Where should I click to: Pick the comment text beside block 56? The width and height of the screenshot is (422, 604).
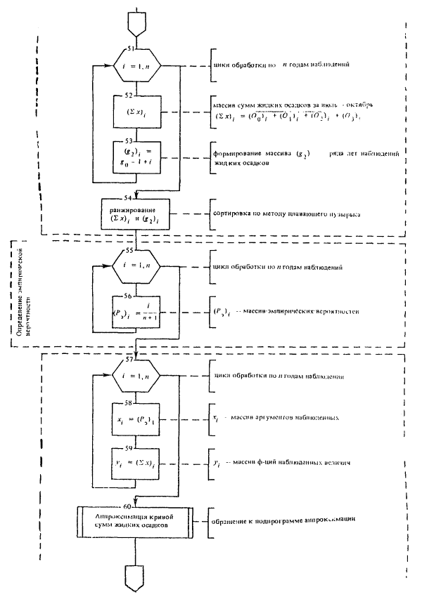[x=281, y=310]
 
